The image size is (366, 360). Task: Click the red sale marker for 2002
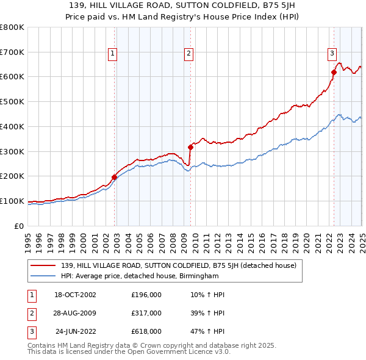(x=114, y=177)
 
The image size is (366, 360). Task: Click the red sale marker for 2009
(x=190, y=146)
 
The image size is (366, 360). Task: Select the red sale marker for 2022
(x=334, y=72)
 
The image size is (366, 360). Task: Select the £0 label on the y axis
(x=19, y=226)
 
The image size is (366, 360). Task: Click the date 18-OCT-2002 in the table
(x=76, y=295)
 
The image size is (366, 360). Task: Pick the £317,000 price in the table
(x=146, y=313)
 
